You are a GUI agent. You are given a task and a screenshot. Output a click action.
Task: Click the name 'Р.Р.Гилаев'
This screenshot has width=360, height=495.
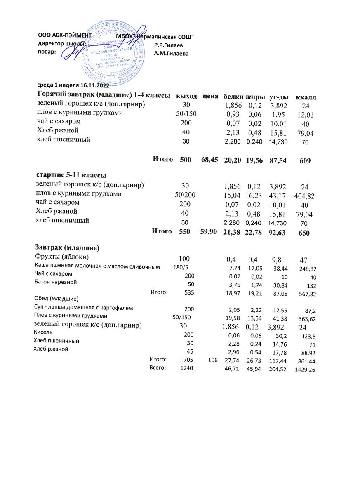[168, 45]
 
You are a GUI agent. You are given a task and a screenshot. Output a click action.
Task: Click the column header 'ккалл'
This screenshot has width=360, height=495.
[306, 97]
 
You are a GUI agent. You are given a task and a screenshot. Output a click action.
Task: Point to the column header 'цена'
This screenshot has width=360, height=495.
[210, 96]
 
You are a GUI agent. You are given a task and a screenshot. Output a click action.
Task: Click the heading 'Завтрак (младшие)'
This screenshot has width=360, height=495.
[66, 248]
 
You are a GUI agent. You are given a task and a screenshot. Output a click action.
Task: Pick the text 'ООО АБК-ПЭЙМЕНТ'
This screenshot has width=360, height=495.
[64, 36]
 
